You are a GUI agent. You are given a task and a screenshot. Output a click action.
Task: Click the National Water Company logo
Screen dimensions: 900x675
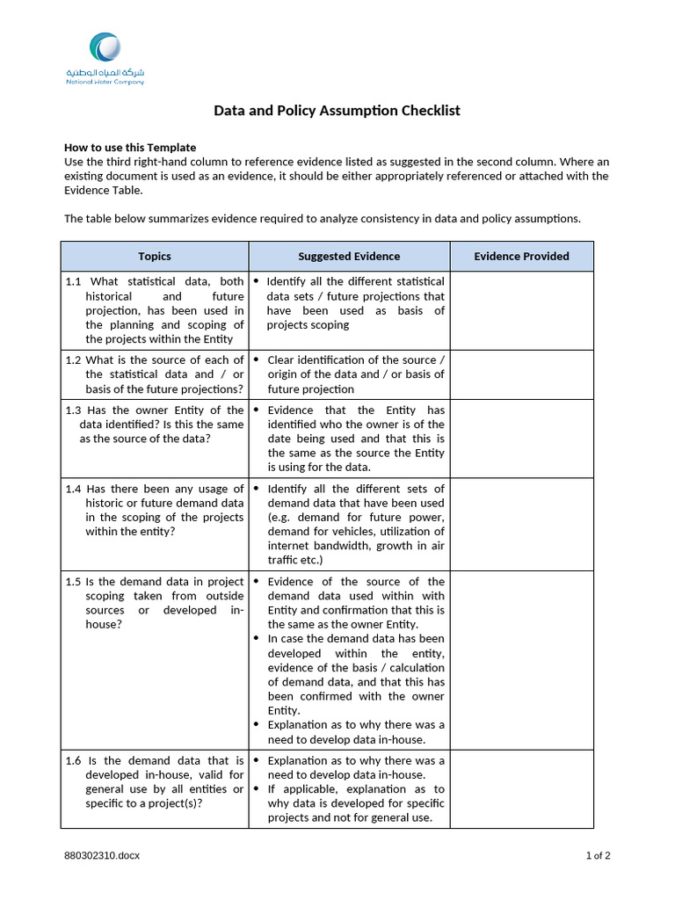105,58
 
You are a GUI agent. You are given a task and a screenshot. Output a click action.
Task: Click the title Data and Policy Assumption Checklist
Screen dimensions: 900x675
337,111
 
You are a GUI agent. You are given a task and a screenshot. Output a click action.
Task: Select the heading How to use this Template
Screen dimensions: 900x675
130,148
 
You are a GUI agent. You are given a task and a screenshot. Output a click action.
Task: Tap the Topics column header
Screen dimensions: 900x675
155,257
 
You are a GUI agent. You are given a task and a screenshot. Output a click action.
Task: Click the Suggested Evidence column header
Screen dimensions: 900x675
349,257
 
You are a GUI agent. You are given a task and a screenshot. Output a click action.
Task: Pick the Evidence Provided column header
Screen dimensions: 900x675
521,257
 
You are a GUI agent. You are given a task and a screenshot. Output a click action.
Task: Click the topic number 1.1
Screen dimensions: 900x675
73,282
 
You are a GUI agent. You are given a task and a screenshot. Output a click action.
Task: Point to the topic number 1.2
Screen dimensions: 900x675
73,360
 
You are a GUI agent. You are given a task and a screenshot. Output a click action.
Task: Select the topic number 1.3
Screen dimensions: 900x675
73,410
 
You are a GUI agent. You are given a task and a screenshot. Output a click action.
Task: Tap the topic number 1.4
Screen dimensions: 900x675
73,489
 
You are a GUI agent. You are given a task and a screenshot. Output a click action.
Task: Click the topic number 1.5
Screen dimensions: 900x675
73,582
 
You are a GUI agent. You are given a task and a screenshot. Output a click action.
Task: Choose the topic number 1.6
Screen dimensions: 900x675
73,761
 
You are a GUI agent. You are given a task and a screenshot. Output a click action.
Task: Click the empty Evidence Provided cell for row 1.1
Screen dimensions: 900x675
521,310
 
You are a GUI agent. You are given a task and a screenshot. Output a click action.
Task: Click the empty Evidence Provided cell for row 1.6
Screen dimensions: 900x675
521,788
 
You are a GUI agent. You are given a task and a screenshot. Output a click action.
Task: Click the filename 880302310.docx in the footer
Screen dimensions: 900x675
101,856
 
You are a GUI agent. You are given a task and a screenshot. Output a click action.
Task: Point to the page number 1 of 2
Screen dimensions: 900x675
598,856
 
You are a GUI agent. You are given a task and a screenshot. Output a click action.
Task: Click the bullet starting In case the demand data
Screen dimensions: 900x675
256,639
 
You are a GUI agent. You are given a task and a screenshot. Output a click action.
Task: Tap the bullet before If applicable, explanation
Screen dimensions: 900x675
256,789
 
